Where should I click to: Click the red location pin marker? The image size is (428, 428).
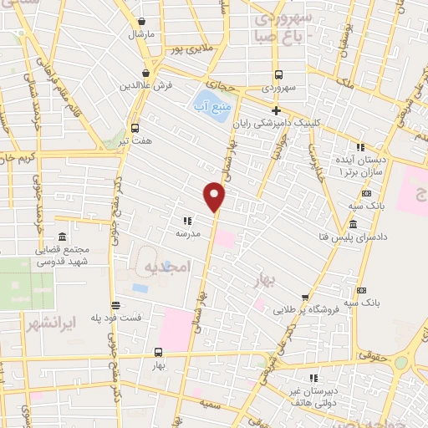pyautogui.click(x=215, y=196)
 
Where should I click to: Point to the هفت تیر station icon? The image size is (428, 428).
pyautogui.click(x=135, y=128)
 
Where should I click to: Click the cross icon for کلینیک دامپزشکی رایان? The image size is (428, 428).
pyautogui.click(x=277, y=110)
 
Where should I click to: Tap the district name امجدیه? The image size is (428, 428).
pyautogui.click(x=169, y=266)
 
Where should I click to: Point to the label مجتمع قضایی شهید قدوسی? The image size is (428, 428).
pyautogui.click(x=62, y=254)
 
